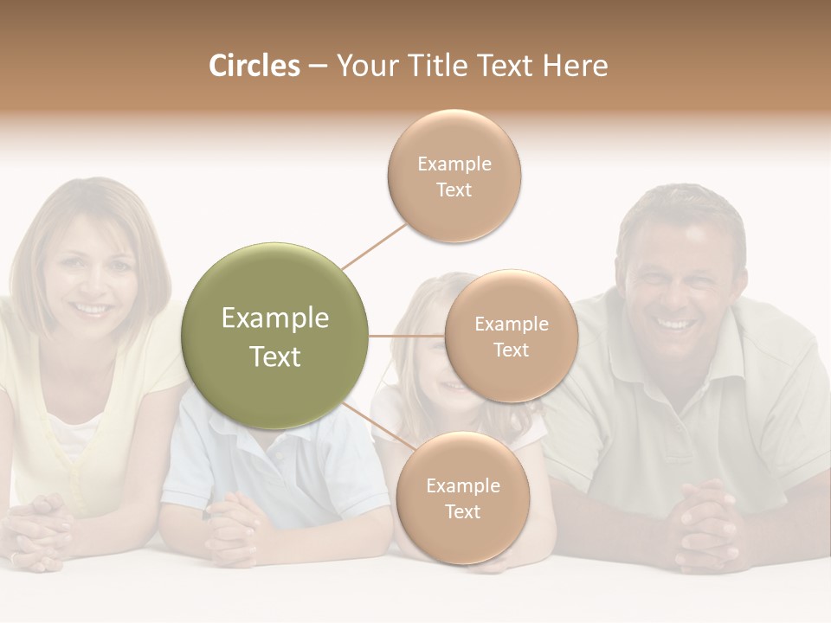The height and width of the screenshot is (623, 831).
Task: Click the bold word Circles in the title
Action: (254, 66)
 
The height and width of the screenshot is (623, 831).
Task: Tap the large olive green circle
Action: (275, 336)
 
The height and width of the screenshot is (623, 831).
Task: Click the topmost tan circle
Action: (454, 176)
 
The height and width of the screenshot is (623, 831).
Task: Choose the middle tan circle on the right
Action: (511, 336)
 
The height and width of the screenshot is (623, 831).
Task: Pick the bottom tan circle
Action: (462, 498)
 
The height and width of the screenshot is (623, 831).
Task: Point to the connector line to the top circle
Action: (374, 245)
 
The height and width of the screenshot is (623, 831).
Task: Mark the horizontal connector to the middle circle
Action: (407, 336)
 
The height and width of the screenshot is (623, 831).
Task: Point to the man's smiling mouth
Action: (677, 324)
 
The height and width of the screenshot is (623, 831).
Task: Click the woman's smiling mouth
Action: (91, 308)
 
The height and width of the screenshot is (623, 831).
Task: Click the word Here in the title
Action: (577, 66)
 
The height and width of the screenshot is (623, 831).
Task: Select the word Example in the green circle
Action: (275, 318)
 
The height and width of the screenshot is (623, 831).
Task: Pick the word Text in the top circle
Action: (454, 190)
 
